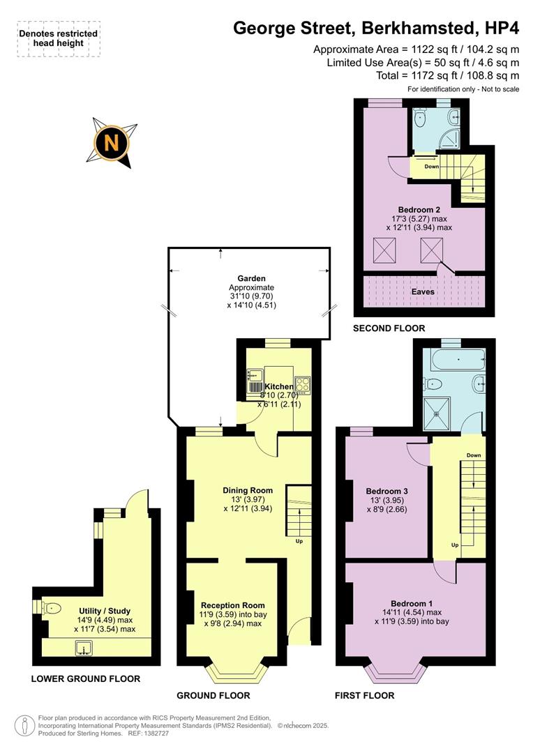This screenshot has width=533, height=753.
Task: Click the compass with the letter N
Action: coord(112,142)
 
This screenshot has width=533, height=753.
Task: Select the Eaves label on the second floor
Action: coord(423,292)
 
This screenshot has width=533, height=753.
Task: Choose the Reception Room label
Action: coord(232,605)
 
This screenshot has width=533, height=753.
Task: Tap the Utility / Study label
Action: coord(104,611)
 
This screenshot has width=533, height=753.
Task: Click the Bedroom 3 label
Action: coord(387,491)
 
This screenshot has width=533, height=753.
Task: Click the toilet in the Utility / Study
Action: coord(50,608)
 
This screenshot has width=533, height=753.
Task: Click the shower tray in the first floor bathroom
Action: coord(438,412)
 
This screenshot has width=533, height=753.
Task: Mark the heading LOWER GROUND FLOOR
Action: coord(86,678)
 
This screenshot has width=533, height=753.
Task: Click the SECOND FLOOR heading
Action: coord(389,328)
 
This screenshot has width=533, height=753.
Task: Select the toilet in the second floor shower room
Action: coord(420,119)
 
